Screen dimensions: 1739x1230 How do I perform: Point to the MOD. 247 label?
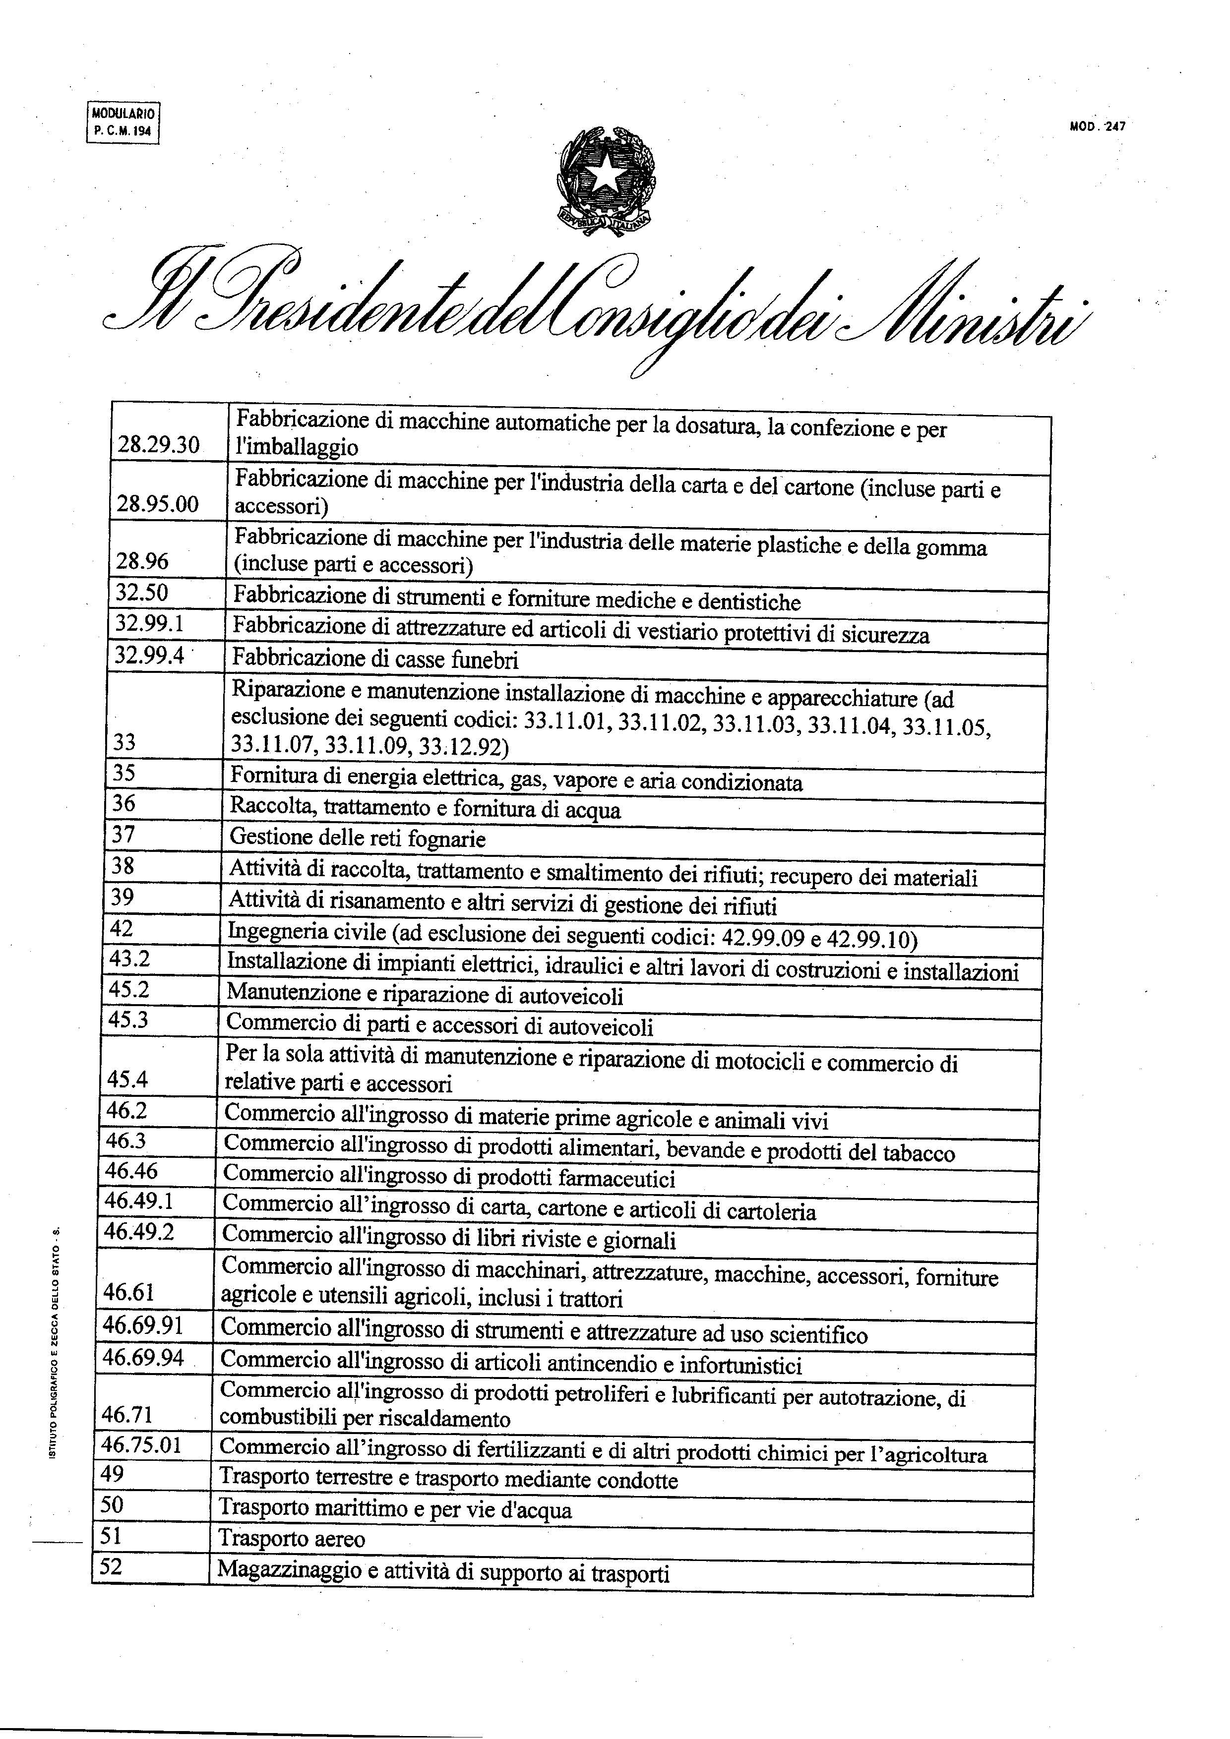pos(1097,127)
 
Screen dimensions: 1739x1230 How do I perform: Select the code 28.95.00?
pos(158,504)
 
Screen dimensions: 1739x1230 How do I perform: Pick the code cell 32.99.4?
pos(149,655)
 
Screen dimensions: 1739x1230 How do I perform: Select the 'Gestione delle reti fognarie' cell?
pos(358,839)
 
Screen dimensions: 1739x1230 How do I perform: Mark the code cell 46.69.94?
pos(143,1357)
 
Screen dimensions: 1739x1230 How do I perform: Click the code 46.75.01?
pos(142,1444)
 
